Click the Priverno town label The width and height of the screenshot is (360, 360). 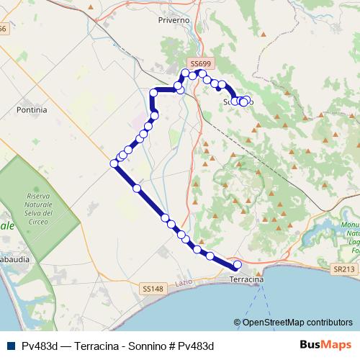[x=174, y=20]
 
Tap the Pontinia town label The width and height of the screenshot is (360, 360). [x=31, y=110]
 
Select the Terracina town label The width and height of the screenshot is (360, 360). [x=246, y=279]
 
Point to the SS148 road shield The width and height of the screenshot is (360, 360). [x=152, y=288]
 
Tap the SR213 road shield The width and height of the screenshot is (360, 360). [x=344, y=269]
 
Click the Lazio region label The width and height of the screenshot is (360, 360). [x=184, y=282]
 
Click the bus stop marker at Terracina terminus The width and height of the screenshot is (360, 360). [x=238, y=265]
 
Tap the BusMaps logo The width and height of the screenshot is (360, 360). [x=325, y=346]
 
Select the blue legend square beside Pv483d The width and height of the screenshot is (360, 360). [x=12, y=346]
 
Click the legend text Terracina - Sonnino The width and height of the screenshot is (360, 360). [x=119, y=346]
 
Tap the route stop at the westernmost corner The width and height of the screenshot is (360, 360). [x=114, y=164]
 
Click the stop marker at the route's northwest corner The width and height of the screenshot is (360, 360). [x=154, y=92]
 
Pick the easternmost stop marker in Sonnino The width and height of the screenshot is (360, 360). [x=248, y=100]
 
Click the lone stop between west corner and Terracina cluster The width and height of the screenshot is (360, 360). [x=137, y=187]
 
